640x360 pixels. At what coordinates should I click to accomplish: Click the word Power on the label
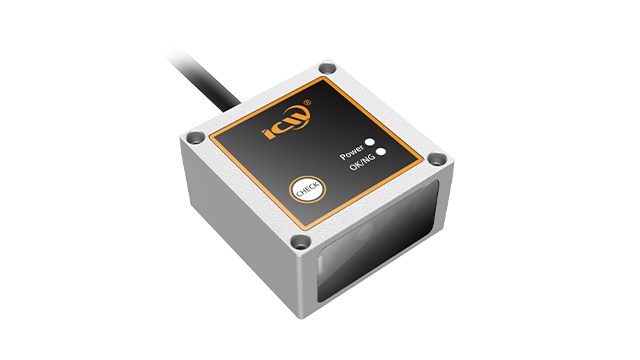click(351, 152)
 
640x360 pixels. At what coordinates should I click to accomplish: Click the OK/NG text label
click(362, 162)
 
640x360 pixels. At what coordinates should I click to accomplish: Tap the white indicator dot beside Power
click(370, 142)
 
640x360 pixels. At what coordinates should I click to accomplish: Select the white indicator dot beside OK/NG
click(381, 152)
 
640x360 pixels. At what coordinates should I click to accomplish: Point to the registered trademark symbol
click(307, 103)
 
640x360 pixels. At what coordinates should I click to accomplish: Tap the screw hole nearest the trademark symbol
click(327, 68)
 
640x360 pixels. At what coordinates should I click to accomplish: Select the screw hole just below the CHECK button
click(301, 242)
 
